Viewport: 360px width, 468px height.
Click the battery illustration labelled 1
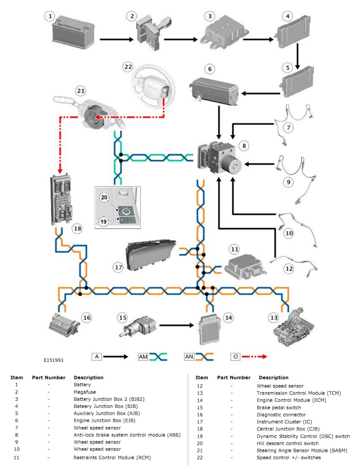pyautogui.click(x=73, y=33)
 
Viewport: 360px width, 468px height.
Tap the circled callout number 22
pyautogui.click(x=128, y=67)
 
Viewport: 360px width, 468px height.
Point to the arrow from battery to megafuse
pyautogui.click(x=116, y=40)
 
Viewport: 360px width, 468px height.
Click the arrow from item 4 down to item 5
pyautogui.click(x=298, y=56)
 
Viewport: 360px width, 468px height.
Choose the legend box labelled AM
pyautogui.click(x=143, y=357)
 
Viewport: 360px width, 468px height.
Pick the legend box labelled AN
pyautogui.click(x=189, y=357)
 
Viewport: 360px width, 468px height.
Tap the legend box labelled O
pyautogui.click(x=235, y=357)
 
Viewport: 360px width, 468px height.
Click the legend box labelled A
pyautogui.click(x=97, y=357)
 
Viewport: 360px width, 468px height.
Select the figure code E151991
pyautogui.click(x=54, y=360)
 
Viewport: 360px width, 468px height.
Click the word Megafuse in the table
pyautogui.click(x=85, y=392)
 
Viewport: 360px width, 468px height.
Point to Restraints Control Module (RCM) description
pyautogui.click(x=112, y=458)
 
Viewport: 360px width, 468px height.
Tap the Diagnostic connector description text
pyautogui.click(x=281, y=415)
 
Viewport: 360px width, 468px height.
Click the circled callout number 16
pyautogui.click(x=87, y=317)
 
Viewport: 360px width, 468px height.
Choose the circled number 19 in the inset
pyautogui.click(x=103, y=222)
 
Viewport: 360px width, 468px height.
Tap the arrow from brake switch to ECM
pyautogui.click(x=176, y=325)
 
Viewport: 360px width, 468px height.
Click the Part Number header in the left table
pyautogui.click(x=49, y=378)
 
